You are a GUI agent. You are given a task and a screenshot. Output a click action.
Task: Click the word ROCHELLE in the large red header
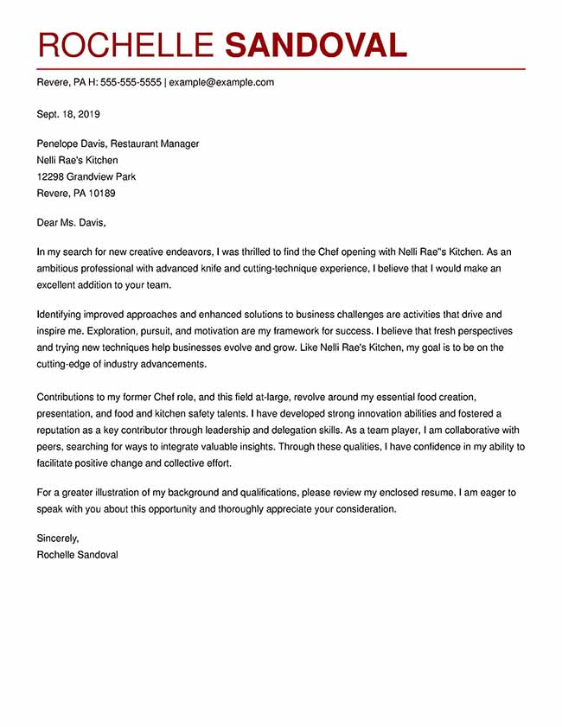(125, 45)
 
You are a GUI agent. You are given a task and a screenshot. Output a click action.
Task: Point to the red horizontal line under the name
(280, 67)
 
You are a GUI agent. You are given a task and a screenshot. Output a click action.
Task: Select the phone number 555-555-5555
(131, 83)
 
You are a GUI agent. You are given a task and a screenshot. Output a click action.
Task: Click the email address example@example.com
(221, 83)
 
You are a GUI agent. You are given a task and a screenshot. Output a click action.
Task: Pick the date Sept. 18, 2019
(68, 113)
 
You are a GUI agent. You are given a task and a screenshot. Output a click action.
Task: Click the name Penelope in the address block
(59, 143)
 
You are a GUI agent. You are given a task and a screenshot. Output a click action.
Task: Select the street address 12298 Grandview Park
(86, 176)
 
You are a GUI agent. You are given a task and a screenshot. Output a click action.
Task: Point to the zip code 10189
(99, 193)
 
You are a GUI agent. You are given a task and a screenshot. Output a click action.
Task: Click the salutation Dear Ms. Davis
(71, 222)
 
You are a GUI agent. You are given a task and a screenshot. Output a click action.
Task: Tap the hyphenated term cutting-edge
(67, 364)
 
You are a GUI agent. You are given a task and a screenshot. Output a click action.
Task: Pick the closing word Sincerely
(58, 538)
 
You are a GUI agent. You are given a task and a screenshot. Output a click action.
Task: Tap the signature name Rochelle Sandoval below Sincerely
(77, 554)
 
